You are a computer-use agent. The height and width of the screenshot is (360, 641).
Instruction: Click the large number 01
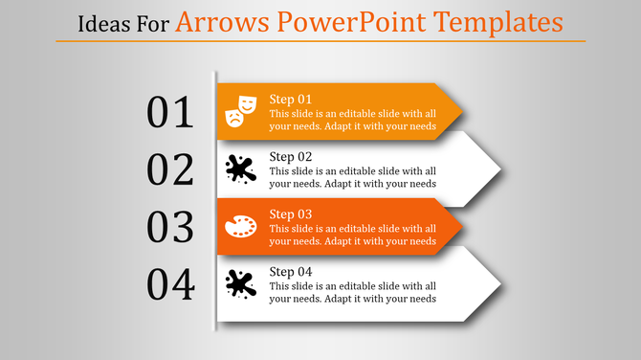[170, 112]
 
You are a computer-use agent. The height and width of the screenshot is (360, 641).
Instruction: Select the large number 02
[170, 169]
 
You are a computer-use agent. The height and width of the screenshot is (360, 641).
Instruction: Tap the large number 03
[170, 227]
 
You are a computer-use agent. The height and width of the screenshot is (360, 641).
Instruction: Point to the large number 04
[170, 284]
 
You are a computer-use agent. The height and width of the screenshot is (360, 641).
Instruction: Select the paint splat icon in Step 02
[240, 169]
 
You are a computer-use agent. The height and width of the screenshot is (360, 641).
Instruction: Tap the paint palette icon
[240, 227]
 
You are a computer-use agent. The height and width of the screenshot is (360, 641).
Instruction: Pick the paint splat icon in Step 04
[240, 284]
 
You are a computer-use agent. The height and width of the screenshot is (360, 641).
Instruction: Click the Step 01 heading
[291, 100]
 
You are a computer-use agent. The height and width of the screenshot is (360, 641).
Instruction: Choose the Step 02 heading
[291, 157]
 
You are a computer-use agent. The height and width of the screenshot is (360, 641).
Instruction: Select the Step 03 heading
[291, 214]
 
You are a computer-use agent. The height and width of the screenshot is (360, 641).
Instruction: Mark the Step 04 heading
[291, 272]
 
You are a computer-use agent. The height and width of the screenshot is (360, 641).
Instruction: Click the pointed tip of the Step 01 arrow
[461, 112]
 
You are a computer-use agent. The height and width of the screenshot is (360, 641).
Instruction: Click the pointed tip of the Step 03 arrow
[461, 227]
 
